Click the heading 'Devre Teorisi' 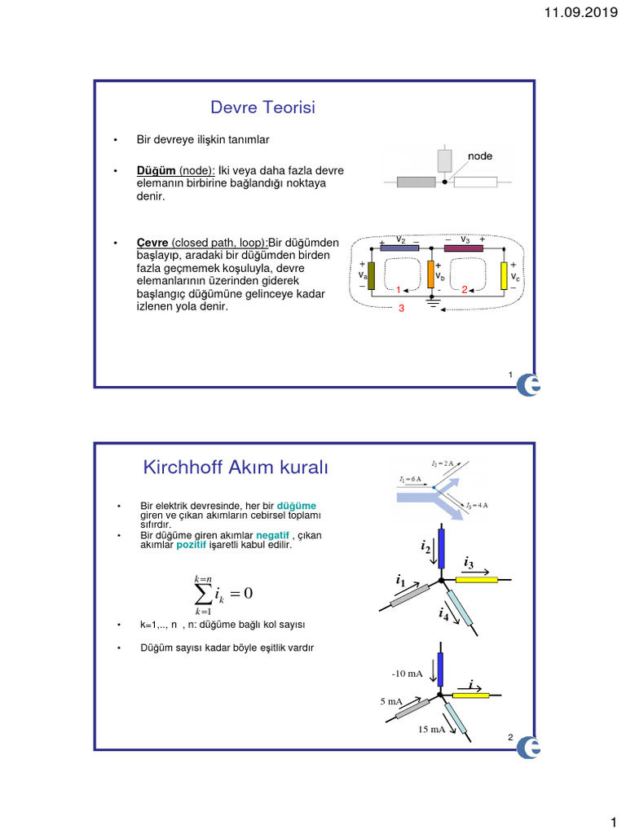(x=262, y=108)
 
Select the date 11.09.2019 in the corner (x=580, y=12)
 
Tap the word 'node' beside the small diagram (x=479, y=156)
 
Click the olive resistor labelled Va (x=372, y=276)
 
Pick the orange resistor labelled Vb (x=430, y=274)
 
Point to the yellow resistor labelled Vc (x=505, y=276)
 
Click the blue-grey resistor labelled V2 (x=399, y=248)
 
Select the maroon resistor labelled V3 (x=463, y=248)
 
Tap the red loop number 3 (x=401, y=309)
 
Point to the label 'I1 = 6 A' (x=411, y=479)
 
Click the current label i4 (x=443, y=615)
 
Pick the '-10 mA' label (x=407, y=674)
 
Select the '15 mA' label (x=431, y=729)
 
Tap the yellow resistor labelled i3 (x=476, y=580)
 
